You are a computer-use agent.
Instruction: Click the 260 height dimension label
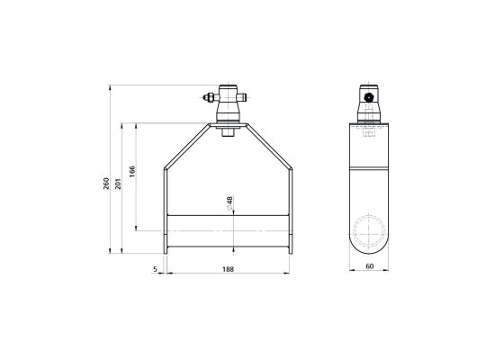[107, 184]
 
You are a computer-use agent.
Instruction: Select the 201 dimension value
[118, 184]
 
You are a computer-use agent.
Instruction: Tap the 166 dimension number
[132, 171]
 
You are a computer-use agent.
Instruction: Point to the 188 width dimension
[228, 269]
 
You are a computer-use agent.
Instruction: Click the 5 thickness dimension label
[155, 269]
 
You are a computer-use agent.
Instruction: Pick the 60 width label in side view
[369, 266]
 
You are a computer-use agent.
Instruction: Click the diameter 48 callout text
[229, 203]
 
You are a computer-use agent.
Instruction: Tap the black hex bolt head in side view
[368, 97]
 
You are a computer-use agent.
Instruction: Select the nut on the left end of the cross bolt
[209, 97]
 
